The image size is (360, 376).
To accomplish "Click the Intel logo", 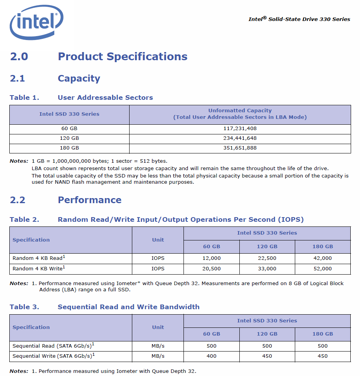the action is coord(36,22).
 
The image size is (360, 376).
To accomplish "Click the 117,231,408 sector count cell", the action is coord(240,129).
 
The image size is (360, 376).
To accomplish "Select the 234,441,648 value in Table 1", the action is coord(240,138).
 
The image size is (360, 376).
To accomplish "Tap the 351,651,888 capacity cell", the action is coord(240,148).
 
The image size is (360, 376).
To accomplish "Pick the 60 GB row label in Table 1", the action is coord(69,129).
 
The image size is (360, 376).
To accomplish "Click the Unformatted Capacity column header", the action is coord(240,114).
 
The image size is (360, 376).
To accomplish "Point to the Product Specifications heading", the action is coord(123,57).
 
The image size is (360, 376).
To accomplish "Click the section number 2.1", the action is coord(17,78).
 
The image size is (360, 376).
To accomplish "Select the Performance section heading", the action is coord(90,200).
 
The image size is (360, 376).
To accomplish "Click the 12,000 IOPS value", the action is coord(211,258).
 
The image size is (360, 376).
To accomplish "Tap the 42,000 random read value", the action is coord(323,258).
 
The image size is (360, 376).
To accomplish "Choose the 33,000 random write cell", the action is coord(267,269).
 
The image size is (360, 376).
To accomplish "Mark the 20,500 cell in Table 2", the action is coord(211,269).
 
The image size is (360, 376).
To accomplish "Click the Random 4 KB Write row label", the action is coord(39,268).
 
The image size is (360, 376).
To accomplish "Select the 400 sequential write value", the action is coord(211,356).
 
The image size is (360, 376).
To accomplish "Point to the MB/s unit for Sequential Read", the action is coord(158,346).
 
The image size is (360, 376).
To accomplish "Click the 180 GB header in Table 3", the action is coord(323,334).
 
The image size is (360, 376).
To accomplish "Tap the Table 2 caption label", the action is coord(24,219).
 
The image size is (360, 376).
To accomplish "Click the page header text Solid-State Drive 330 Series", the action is coord(309,19).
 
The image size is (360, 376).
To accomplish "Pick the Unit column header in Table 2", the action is coord(158,240).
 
